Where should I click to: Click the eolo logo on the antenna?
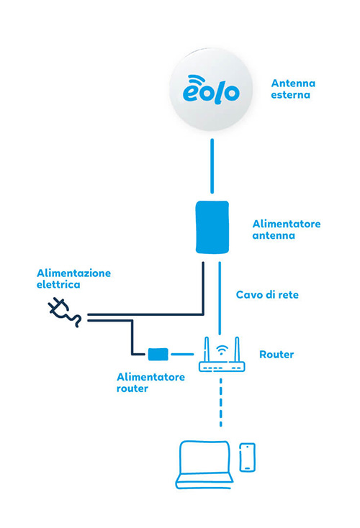click(211, 89)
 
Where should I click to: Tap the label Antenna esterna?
click(293, 89)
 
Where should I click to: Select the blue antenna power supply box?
click(212, 227)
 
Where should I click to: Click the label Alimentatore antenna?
click(286, 229)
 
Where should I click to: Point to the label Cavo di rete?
click(267, 295)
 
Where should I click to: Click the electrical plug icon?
click(64, 312)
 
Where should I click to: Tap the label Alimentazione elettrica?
click(73, 278)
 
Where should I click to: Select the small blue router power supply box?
click(158, 354)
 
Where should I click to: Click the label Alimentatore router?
click(150, 383)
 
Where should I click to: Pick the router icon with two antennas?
click(222, 354)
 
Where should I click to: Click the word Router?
click(276, 354)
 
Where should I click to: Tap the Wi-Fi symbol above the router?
click(222, 350)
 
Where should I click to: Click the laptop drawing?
click(204, 465)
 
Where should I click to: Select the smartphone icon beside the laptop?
click(247, 458)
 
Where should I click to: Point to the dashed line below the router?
click(221, 402)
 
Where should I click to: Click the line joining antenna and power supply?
click(212, 166)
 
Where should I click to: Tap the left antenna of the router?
click(207, 349)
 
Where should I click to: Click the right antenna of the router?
click(237, 349)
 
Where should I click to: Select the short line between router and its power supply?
click(182, 354)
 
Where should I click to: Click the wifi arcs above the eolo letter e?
click(197, 80)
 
